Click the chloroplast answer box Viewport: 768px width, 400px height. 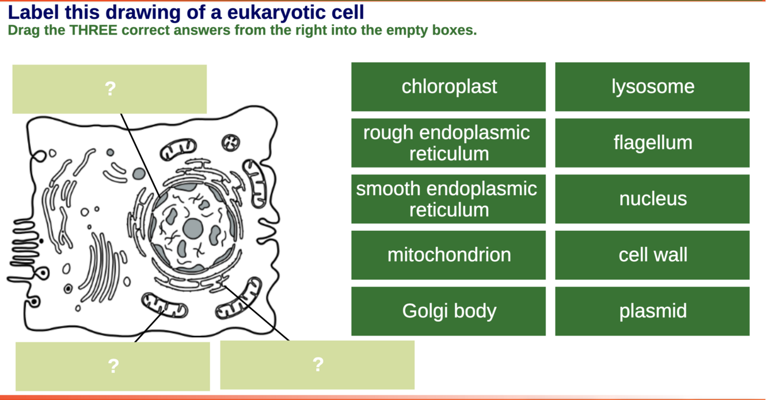click(x=448, y=87)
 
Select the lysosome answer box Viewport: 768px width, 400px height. click(x=652, y=87)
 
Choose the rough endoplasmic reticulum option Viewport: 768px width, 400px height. click(x=448, y=143)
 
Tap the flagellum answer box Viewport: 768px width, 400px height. click(x=652, y=143)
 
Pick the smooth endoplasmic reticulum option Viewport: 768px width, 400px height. click(x=448, y=199)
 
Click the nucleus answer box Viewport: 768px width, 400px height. click(x=652, y=199)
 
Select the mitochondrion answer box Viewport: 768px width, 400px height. click(x=448, y=255)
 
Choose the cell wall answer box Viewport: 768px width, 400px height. click(x=652, y=255)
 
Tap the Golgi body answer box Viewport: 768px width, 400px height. click(x=448, y=311)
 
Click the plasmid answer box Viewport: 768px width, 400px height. click(x=652, y=311)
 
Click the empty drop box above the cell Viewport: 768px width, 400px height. click(x=110, y=89)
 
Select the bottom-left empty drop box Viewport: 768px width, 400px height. click(x=113, y=367)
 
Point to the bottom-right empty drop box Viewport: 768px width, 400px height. click(x=317, y=365)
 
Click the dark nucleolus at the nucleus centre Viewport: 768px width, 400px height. click(x=193, y=228)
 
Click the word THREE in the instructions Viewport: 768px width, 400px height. click(x=93, y=30)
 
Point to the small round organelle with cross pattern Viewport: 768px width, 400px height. click(x=231, y=143)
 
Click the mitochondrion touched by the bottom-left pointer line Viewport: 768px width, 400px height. click(x=165, y=305)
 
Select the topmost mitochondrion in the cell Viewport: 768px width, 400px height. click(x=178, y=150)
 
